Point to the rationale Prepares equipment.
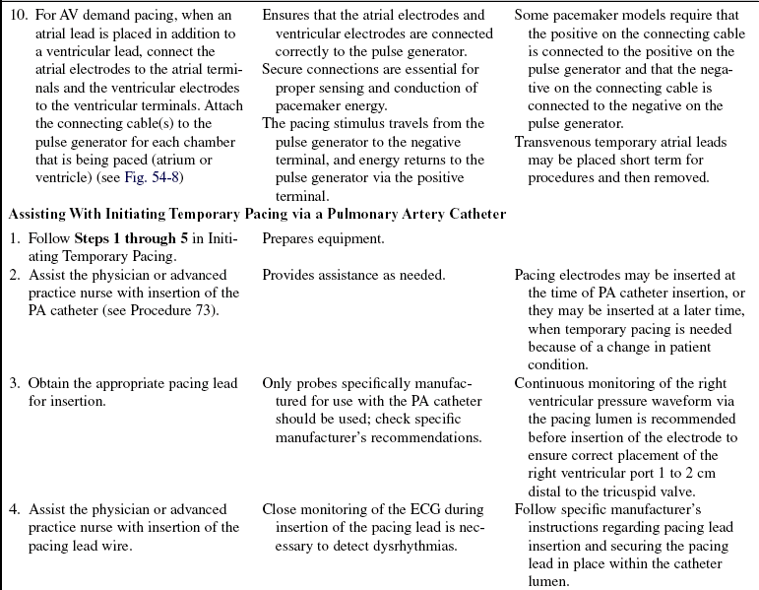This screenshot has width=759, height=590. [322, 238]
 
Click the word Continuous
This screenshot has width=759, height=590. [551, 383]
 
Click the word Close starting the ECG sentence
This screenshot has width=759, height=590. [281, 509]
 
